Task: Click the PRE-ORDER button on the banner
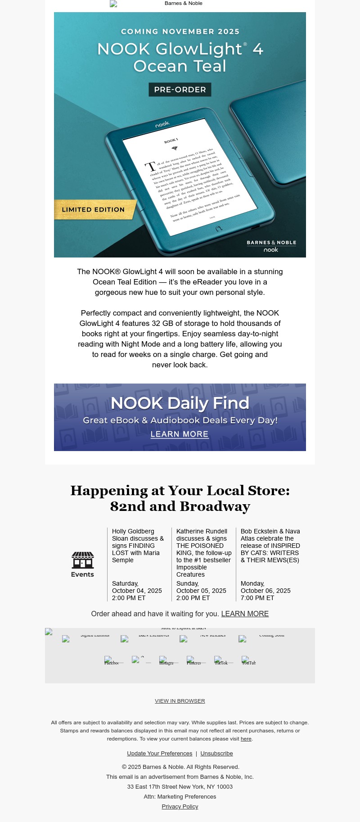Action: (x=180, y=90)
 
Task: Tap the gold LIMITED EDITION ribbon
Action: (x=94, y=210)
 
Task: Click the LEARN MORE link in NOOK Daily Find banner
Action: (x=180, y=434)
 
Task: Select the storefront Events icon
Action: (x=83, y=560)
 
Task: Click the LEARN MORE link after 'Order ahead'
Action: (x=245, y=614)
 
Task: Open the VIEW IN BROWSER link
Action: (x=180, y=701)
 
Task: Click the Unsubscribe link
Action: (x=216, y=753)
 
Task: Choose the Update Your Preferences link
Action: (x=159, y=753)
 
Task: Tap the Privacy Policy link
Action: (x=180, y=806)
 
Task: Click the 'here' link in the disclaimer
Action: (x=246, y=739)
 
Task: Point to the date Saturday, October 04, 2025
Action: (x=137, y=587)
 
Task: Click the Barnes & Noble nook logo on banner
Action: (x=271, y=246)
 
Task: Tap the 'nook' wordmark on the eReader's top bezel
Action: (x=162, y=124)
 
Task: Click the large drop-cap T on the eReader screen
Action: (x=150, y=166)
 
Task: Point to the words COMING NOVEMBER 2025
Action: (x=180, y=32)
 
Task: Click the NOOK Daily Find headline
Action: (x=180, y=403)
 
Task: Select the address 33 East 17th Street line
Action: (x=180, y=786)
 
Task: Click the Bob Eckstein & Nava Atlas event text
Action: (x=270, y=546)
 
